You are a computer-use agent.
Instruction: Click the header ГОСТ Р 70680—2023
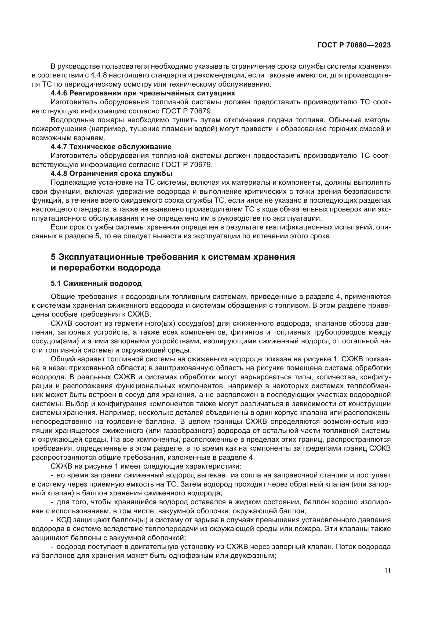pyautogui.click(x=354, y=45)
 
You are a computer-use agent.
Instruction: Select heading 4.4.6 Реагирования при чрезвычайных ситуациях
pyautogui.click(x=143, y=93)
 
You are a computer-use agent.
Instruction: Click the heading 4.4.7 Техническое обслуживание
pyautogui.click(x=111, y=147)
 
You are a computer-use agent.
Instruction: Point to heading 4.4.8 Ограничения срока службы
pyautogui.click(x=111, y=173)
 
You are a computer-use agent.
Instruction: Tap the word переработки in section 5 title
pyautogui.click(x=87, y=268)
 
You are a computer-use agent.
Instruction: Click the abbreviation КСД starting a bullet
pyautogui.click(x=63, y=520)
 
